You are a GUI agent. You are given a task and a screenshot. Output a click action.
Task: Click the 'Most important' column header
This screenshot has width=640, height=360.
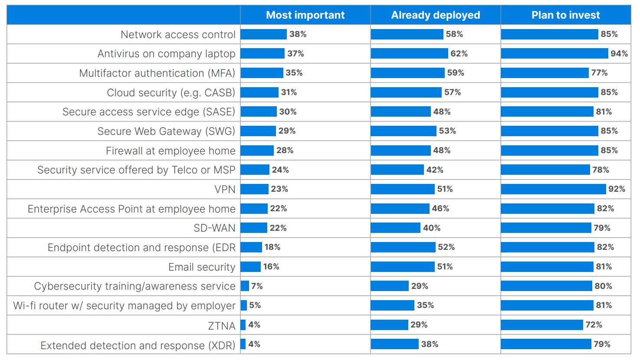pyautogui.click(x=305, y=15)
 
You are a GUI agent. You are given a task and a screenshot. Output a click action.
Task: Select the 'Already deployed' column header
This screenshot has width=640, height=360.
pyautogui.click(x=435, y=15)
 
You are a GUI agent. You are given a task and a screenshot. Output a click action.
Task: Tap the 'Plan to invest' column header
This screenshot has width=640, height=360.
pyautogui.click(x=565, y=15)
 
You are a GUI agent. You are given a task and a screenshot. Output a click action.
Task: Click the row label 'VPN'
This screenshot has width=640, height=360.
pyautogui.click(x=225, y=190)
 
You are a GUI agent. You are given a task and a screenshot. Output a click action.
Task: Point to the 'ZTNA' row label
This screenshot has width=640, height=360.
pyautogui.click(x=221, y=326)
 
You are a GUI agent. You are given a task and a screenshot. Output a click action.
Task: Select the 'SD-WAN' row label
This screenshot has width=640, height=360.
pyautogui.click(x=214, y=228)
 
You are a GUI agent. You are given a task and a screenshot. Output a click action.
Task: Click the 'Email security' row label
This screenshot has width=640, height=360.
pyautogui.click(x=202, y=267)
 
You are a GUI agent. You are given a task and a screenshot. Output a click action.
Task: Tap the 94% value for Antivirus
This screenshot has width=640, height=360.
pyautogui.click(x=619, y=54)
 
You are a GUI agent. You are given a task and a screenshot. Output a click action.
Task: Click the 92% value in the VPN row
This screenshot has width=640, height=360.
pyautogui.click(x=617, y=189)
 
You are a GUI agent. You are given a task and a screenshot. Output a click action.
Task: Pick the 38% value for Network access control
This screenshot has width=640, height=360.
pyautogui.click(x=298, y=34)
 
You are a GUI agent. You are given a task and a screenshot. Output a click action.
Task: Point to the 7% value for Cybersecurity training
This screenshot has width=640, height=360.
pyautogui.click(x=257, y=286)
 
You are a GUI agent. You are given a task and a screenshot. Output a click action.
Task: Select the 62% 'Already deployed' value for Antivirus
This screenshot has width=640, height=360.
pyautogui.click(x=459, y=54)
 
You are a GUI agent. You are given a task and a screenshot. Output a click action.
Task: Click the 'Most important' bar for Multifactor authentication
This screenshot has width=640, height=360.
pyautogui.click(x=262, y=73)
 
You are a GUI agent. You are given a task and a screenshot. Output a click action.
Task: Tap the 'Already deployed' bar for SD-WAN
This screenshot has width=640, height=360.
pyautogui.click(x=395, y=228)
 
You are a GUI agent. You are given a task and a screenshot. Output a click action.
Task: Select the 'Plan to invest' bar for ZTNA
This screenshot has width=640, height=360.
pyautogui.click(x=542, y=325)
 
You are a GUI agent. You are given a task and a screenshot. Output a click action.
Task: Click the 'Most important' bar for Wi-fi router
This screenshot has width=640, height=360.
pyautogui.click(x=244, y=305)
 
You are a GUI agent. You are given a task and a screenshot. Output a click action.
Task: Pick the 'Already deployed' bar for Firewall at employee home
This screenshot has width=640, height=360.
pyautogui.click(x=400, y=151)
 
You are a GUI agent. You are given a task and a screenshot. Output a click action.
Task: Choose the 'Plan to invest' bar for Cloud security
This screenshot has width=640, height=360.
pyautogui.click(x=549, y=92)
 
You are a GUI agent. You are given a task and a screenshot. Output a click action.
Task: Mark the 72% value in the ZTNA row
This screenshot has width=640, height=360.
pyautogui.click(x=594, y=325)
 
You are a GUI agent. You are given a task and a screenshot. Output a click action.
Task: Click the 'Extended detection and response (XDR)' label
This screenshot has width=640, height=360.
pyautogui.click(x=138, y=346)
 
